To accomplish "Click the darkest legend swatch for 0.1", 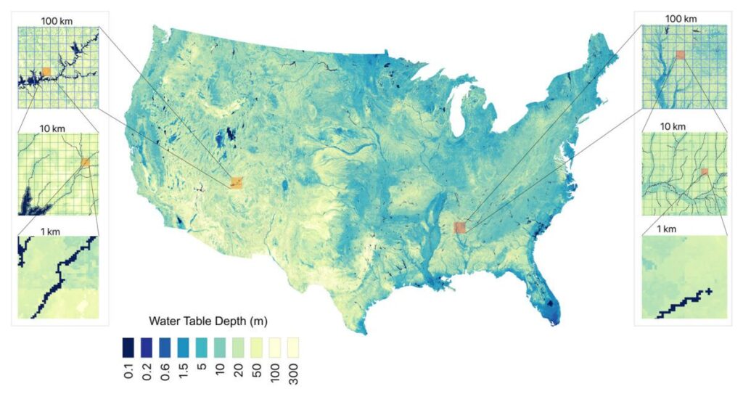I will pyautogui.click(x=127, y=344).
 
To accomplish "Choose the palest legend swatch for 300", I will pyautogui.click(x=292, y=344).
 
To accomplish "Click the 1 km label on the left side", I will pyautogui.click(x=56, y=230).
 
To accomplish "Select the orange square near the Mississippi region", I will pyautogui.click(x=459, y=228).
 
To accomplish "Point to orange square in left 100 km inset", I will pyautogui.click(x=46, y=71).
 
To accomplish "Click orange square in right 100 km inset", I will pyautogui.click(x=680, y=54).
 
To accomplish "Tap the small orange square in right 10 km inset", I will pyautogui.click(x=703, y=172).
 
